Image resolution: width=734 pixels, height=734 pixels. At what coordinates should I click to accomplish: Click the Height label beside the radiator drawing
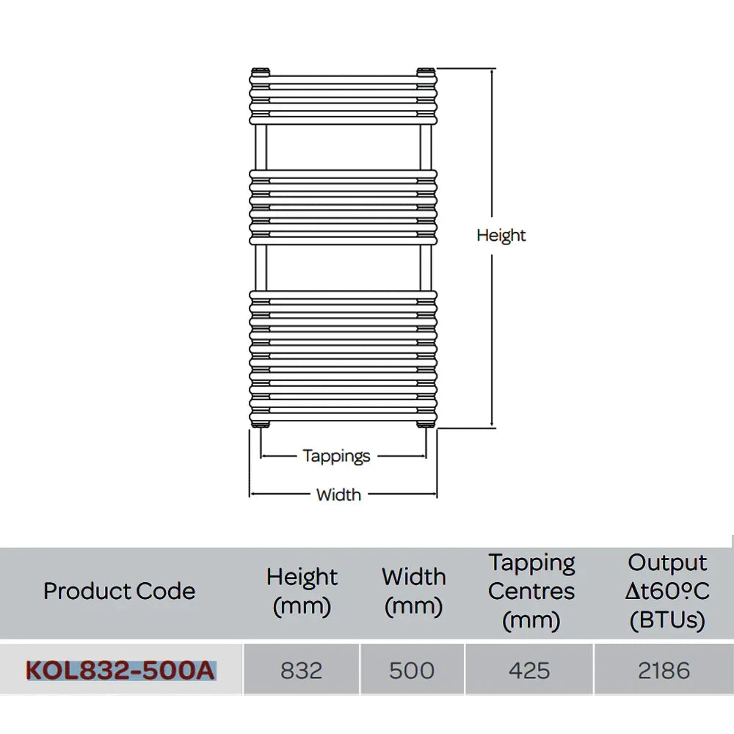[x=501, y=236]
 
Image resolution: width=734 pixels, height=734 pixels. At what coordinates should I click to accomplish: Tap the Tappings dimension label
[x=336, y=457]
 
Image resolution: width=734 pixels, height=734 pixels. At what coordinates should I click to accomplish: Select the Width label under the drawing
[x=338, y=495]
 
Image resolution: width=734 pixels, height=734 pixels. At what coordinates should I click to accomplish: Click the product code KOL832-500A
[x=120, y=670]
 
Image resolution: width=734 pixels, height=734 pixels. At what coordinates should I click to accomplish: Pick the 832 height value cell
[x=302, y=670]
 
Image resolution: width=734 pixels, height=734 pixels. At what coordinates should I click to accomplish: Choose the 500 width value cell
[x=412, y=670]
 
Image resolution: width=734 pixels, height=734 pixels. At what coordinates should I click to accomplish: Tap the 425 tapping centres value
[x=529, y=670]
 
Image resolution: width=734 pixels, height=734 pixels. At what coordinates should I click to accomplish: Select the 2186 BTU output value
[x=664, y=670]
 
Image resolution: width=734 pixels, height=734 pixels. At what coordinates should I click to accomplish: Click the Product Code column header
[x=120, y=591]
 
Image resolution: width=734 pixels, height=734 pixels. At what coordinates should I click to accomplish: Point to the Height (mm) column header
[x=302, y=591]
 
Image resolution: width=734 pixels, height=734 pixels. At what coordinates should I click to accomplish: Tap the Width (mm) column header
[x=414, y=591]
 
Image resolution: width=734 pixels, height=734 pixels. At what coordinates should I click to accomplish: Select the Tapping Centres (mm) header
[x=531, y=592]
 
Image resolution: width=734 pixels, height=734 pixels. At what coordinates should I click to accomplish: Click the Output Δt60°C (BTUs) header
[x=667, y=592]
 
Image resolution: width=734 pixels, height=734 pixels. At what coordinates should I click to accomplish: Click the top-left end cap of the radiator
[x=261, y=72]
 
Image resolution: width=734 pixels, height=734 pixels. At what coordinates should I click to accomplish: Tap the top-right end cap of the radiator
[x=426, y=72]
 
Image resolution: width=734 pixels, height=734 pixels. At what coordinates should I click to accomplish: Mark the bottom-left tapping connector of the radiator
[x=261, y=424]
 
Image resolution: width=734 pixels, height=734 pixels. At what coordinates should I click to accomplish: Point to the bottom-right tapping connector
[x=426, y=424]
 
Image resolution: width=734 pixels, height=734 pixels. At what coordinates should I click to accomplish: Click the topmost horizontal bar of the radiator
[x=343, y=79]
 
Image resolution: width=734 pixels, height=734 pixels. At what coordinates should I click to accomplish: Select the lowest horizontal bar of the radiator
[x=343, y=416]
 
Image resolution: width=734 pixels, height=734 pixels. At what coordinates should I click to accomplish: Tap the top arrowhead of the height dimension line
[x=492, y=70]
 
